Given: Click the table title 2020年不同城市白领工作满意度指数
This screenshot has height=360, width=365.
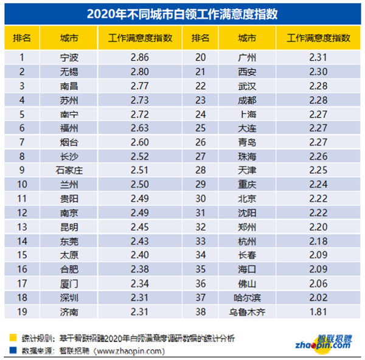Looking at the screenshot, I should click(183, 12).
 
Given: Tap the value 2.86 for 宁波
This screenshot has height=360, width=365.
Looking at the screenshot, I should click(140, 58).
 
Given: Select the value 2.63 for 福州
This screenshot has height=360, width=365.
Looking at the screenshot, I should click(140, 129).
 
